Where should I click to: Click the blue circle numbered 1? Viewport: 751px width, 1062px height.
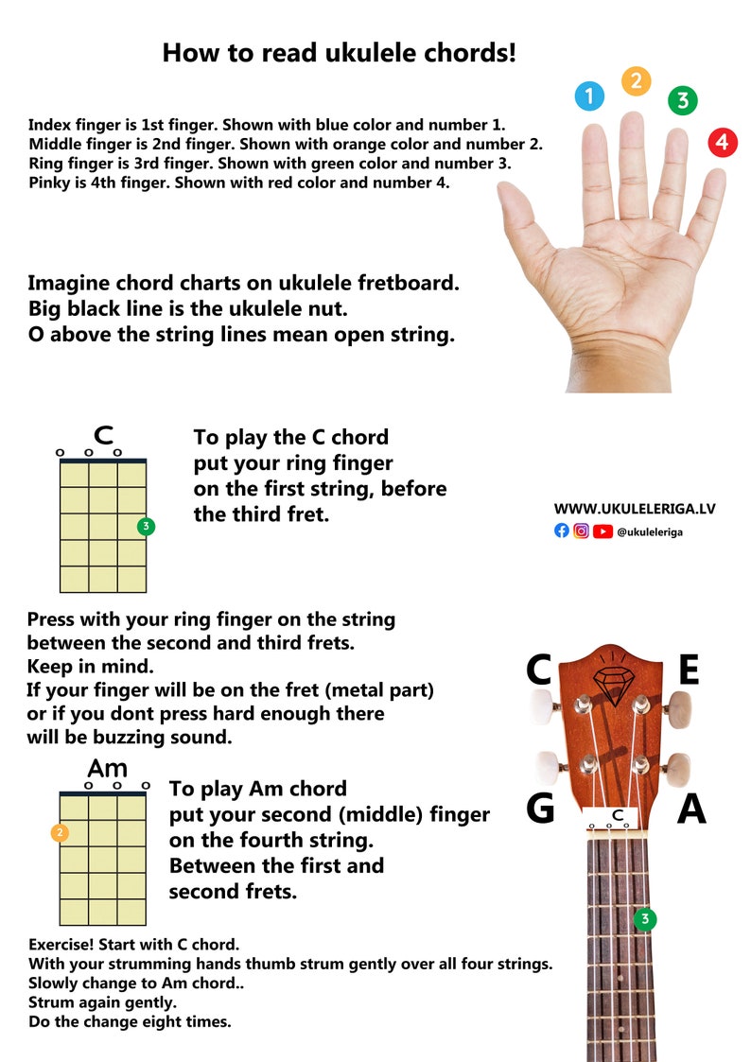tap(589, 96)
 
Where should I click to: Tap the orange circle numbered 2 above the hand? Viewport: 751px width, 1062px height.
tap(637, 81)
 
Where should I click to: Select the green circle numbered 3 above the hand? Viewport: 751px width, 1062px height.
tap(682, 100)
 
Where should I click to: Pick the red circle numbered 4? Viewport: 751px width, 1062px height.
tap(722, 143)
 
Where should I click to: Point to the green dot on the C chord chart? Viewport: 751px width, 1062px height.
tap(146, 527)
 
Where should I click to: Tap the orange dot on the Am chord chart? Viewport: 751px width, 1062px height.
tap(60, 833)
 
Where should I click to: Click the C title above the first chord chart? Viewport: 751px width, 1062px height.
tap(104, 437)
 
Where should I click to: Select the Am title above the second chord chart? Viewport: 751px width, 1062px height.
tap(107, 768)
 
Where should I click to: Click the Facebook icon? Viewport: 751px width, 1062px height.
tap(562, 531)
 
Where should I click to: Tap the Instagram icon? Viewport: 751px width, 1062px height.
tap(582, 531)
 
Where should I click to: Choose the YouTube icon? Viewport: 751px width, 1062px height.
tap(603, 531)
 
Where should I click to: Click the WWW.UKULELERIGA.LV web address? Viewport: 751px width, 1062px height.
tap(634, 509)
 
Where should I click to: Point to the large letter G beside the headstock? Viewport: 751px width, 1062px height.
tap(539, 809)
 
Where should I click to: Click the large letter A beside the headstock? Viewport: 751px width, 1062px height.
tap(691, 810)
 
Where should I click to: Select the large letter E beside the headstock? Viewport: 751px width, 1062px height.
tap(689, 670)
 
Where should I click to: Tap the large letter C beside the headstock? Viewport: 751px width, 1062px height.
tap(539, 670)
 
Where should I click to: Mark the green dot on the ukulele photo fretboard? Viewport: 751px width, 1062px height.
tap(645, 918)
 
